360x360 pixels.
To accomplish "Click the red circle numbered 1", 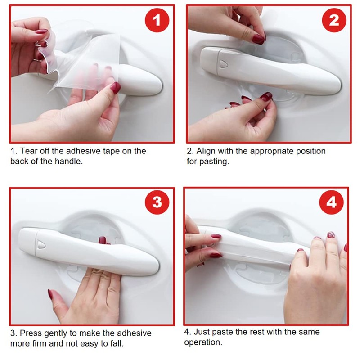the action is [x=157, y=20].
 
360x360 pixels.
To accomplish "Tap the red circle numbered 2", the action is [x=334, y=20].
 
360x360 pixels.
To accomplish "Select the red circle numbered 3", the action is [x=157, y=202].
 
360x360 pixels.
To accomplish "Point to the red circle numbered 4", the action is [x=331, y=202].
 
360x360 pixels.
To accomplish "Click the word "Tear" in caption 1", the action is [x=29, y=151].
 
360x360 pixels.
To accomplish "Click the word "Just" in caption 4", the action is [x=202, y=332].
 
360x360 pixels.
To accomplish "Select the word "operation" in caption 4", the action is [x=202, y=342].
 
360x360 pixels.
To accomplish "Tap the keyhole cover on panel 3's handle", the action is [x=41, y=245].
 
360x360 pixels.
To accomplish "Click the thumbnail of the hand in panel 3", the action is [x=50, y=295].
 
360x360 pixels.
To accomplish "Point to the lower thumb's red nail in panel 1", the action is [x=115, y=87].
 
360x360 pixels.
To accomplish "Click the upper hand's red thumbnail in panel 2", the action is [x=259, y=39].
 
